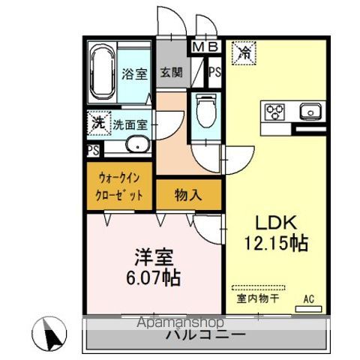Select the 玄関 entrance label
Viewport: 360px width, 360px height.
pyautogui.click(x=170, y=73)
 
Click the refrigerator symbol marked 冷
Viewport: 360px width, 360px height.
pyautogui.click(x=245, y=52)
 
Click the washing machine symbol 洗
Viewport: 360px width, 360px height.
pyautogui.click(x=98, y=121)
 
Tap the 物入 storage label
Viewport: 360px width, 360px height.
pyautogui.click(x=189, y=196)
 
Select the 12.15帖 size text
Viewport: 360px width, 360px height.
pyautogui.click(x=277, y=244)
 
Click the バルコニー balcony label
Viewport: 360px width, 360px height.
pyautogui.click(x=205, y=334)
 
